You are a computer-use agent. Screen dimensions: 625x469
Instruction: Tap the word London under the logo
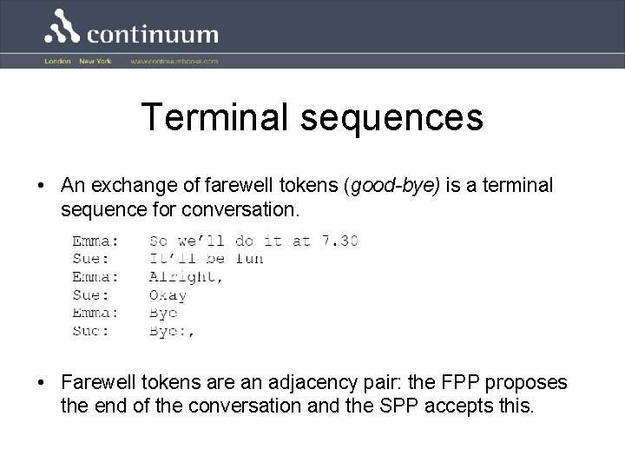tap(57, 62)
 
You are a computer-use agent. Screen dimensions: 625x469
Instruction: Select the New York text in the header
tap(95, 62)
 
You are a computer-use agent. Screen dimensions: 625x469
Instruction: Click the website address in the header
tap(174, 62)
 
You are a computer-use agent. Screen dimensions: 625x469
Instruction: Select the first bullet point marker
tap(42, 187)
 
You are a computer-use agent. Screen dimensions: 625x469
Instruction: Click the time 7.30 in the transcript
tap(339, 240)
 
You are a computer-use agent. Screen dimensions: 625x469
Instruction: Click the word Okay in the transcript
tap(168, 294)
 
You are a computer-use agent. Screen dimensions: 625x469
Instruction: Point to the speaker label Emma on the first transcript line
tap(95, 240)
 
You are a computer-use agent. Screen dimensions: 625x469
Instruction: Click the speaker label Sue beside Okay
tap(91, 294)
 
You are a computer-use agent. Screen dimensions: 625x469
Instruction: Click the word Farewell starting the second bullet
tap(97, 383)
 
